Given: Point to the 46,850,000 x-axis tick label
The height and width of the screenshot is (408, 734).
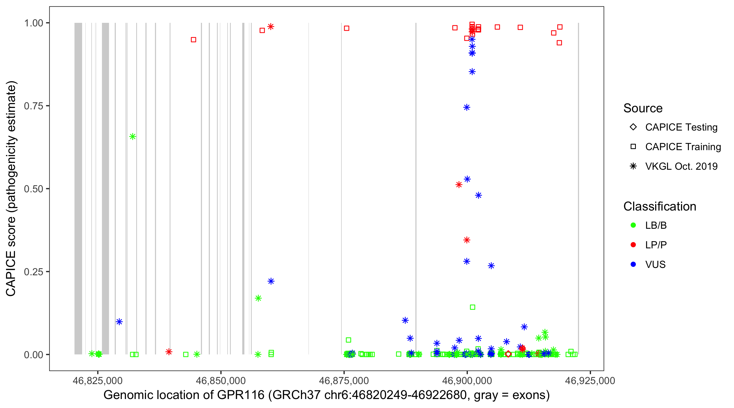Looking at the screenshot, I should (220, 381).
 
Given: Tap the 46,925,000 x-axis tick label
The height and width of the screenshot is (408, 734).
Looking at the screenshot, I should (590, 381).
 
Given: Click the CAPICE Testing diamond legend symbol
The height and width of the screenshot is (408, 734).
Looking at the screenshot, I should (633, 127).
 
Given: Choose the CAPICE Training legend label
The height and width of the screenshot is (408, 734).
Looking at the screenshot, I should (683, 147).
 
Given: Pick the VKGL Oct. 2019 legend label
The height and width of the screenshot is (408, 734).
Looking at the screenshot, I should (681, 166).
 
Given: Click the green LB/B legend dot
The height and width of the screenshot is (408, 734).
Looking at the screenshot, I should (633, 225).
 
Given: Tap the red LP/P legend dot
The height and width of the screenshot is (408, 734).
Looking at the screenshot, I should (633, 245).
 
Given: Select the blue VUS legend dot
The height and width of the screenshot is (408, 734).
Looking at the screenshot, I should (633, 265).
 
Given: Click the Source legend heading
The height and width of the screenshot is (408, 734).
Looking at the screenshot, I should (643, 108).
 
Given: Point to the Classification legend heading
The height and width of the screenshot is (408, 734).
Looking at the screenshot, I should (660, 206).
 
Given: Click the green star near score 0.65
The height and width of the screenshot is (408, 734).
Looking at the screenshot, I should (132, 137).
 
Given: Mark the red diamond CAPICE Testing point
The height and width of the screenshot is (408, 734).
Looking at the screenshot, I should (508, 354).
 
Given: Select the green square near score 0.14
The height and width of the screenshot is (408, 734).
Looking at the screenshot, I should (472, 307).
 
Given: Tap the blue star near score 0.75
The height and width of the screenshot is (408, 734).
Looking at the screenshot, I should (467, 107).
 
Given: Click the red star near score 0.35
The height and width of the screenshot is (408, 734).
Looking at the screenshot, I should (467, 240).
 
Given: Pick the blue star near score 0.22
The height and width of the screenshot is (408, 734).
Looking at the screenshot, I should (271, 282).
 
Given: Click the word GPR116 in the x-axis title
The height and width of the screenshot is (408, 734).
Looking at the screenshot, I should (241, 395).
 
